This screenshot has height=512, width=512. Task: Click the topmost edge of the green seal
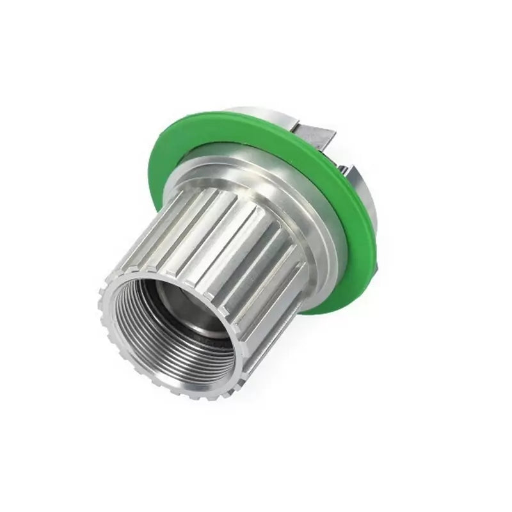point(256,113)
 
